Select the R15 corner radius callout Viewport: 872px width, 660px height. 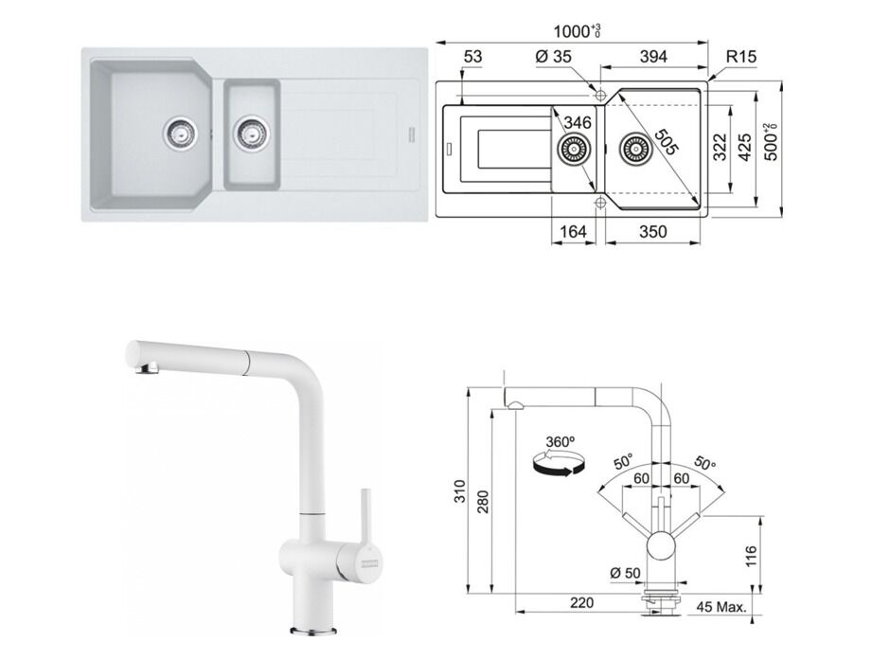tap(741, 58)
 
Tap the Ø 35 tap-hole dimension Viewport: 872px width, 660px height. tap(554, 58)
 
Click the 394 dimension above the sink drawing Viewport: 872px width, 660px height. tap(653, 58)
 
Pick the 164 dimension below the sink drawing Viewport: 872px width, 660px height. tap(574, 231)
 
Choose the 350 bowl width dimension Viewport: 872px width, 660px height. tap(652, 231)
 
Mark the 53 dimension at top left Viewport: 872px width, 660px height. tap(473, 58)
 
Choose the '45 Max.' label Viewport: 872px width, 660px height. tap(722, 605)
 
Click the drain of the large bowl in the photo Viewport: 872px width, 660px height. tap(180, 133)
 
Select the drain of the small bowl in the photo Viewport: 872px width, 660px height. tap(251, 134)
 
